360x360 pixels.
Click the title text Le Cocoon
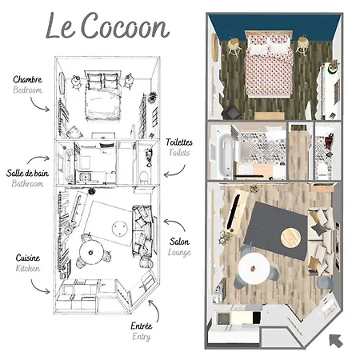click(107, 26)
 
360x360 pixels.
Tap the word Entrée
click(141, 327)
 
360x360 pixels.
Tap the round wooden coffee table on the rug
click(292, 236)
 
